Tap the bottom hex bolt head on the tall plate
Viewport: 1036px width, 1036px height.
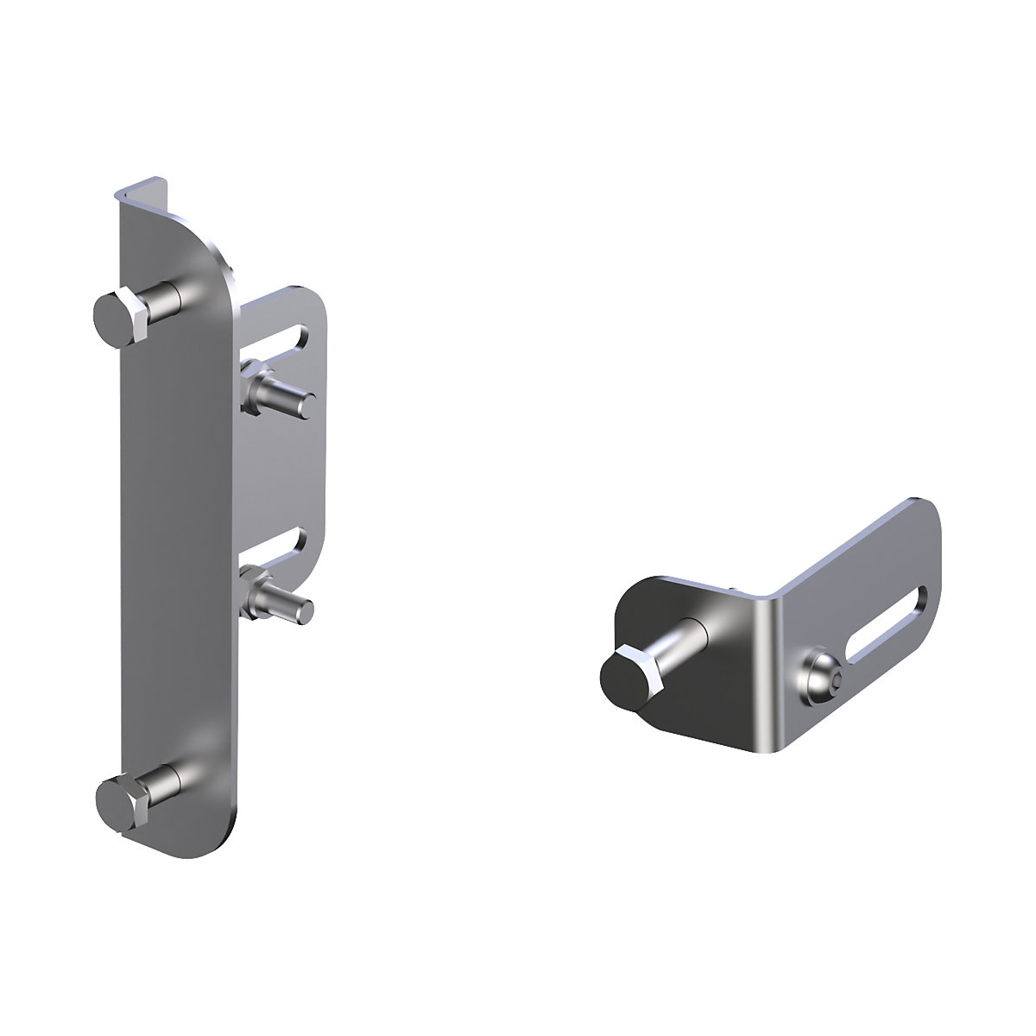coord(119,802)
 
